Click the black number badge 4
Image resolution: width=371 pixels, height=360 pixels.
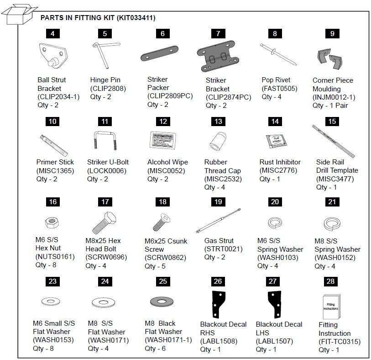point(52,33)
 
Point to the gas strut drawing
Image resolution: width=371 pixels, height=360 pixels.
point(218,222)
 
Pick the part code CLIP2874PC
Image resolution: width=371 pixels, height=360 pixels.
point(228,97)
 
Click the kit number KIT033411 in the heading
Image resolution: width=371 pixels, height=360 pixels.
point(136,18)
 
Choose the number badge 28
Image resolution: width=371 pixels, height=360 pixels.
point(332,281)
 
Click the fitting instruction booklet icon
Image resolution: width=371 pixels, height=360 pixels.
point(330,307)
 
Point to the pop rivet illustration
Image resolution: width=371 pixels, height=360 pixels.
point(278,54)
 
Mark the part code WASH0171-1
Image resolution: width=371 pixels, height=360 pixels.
point(163,340)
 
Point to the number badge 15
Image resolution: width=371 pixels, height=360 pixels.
point(332,122)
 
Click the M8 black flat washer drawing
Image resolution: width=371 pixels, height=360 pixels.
point(163,302)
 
